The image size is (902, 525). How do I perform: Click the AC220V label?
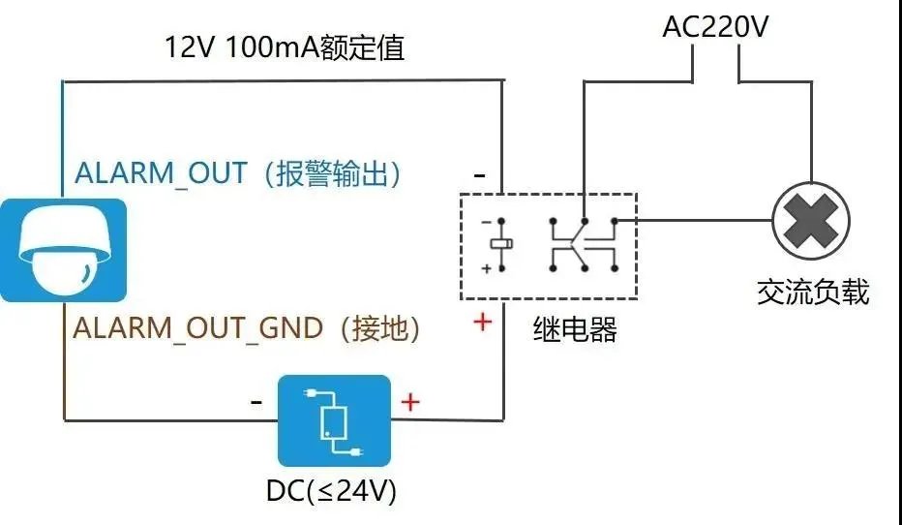715,26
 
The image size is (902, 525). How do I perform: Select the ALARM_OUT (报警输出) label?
238,174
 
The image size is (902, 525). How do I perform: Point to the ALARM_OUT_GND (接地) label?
247,328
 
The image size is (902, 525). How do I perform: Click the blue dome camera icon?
63,250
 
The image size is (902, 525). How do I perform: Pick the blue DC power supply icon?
334,420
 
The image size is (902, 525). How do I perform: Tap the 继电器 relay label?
575,330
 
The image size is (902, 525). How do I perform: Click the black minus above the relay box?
480,176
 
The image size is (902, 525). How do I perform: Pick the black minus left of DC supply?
256,401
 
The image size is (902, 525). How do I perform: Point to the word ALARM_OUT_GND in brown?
198,328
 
